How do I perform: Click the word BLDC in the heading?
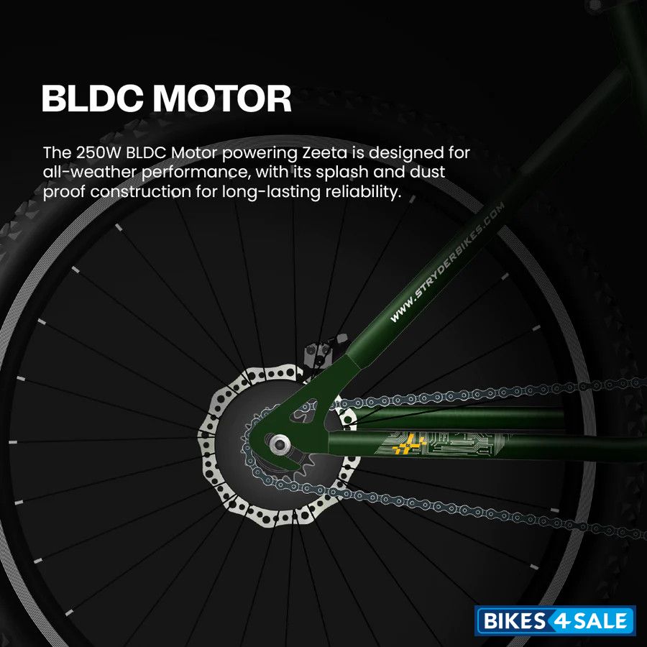click(92, 98)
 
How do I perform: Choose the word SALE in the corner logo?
click(600, 620)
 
